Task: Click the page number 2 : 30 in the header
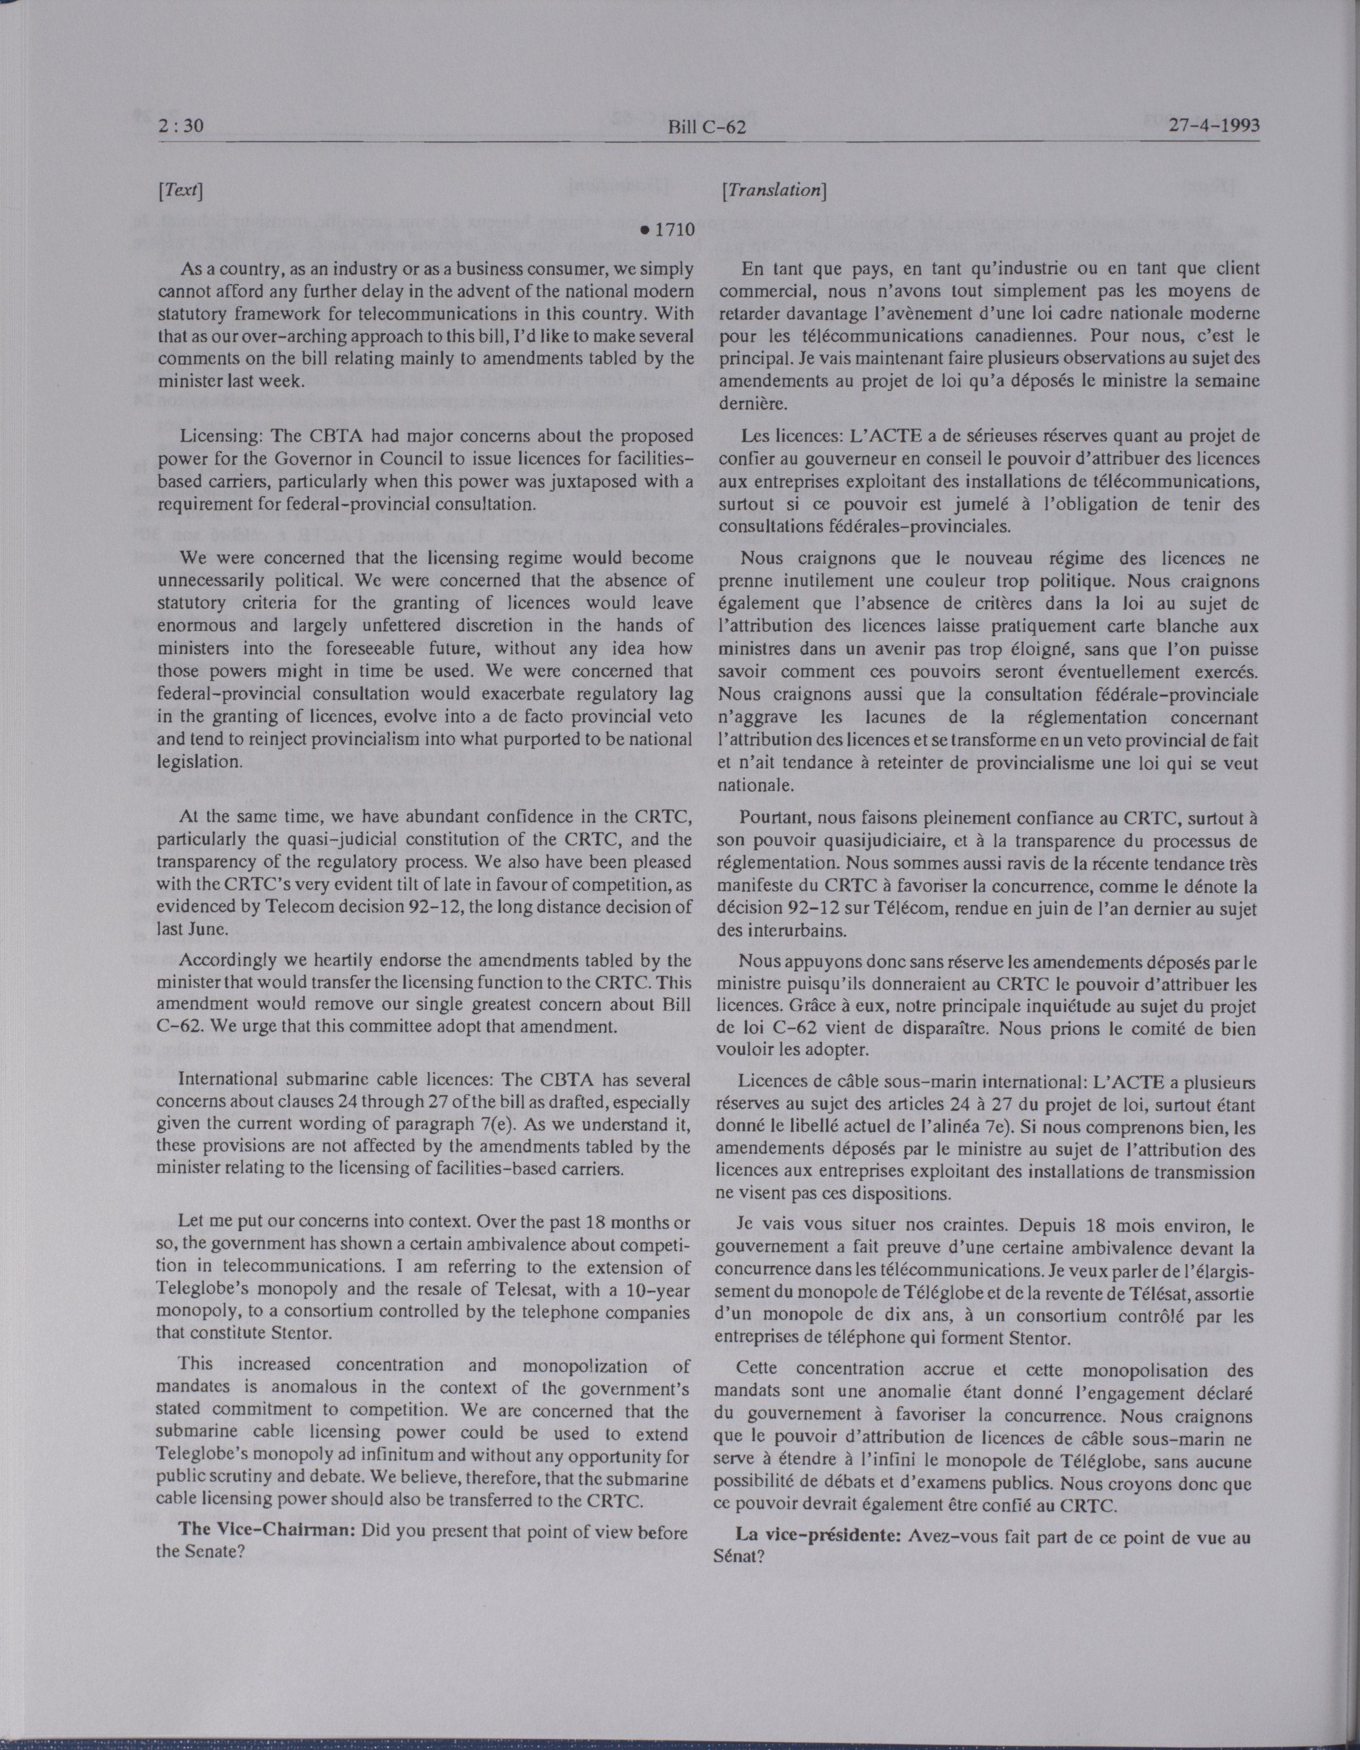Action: [183, 125]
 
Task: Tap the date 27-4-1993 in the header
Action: [1214, 125]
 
